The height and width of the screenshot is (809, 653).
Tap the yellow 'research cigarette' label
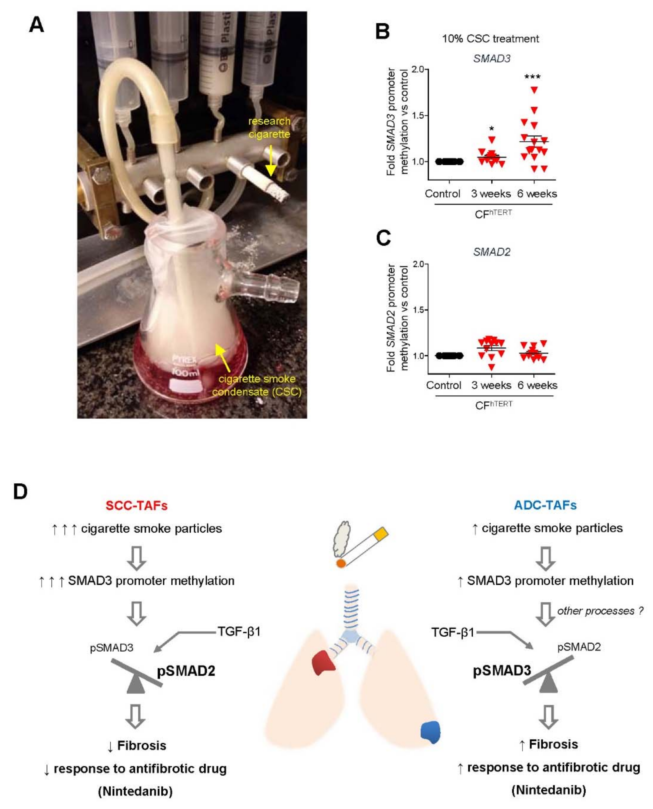pos(269,128)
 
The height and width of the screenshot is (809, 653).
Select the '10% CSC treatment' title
pos(490,39)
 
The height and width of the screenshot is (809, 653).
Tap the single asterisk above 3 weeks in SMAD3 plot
pos(492,129)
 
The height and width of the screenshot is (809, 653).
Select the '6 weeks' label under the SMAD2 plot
pos(537,385)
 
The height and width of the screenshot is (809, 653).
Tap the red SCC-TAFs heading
pos(136,505)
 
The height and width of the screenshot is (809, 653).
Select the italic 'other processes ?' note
pos(600,611)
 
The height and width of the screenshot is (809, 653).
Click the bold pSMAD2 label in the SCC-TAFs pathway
pos(186,671)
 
